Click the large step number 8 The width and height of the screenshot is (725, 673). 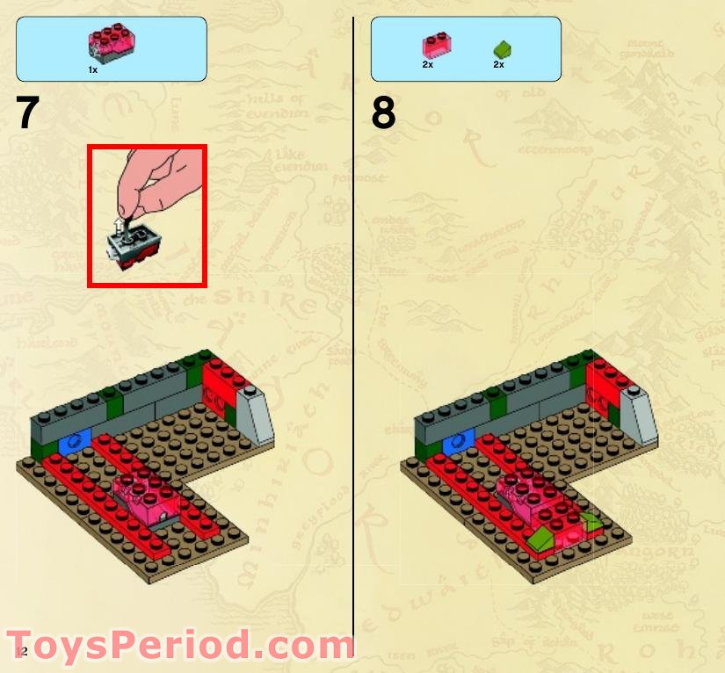point(383,113)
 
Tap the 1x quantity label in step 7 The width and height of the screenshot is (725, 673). point(92,69)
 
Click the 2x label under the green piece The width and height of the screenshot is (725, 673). point(498,65)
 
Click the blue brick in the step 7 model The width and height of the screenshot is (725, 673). point(74,441)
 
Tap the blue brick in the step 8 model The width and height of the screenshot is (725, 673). point(458,441)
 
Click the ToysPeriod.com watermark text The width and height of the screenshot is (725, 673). point(180,646)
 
